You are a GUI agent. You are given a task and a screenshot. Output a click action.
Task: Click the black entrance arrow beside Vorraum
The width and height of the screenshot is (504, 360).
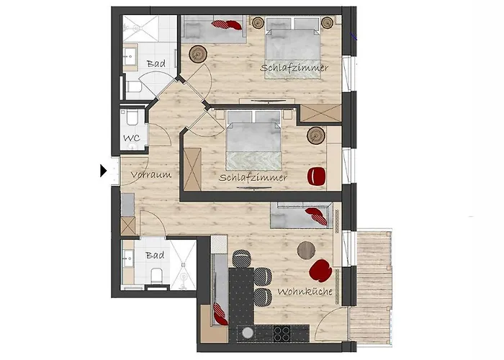103,171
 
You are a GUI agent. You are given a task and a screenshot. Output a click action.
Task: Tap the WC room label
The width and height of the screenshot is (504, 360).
132,138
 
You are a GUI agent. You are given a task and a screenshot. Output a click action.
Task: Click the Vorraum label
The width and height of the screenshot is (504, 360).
151,175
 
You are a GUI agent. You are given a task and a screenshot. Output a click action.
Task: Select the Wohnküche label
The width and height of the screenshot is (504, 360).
305,292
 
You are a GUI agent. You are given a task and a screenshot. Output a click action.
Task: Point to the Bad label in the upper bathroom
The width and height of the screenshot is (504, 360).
156,63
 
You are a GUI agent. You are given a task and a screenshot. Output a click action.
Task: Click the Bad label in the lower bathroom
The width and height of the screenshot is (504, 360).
155,256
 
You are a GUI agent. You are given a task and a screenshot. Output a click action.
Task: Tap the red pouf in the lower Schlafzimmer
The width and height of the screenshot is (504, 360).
317,177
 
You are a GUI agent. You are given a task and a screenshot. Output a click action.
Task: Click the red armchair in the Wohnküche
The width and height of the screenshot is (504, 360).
320,271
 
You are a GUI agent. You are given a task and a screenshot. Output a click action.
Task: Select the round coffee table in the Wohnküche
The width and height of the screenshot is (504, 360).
306,251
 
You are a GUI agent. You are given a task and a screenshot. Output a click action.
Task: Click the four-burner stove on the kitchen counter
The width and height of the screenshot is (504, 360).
282,333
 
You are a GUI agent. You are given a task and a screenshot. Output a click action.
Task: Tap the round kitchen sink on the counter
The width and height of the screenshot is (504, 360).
248,333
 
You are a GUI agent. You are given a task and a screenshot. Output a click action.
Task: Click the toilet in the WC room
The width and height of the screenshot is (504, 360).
132,117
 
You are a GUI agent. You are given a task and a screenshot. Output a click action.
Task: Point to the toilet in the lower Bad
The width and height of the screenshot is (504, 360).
156,276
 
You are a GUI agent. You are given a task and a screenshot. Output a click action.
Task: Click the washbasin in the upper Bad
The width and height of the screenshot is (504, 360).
130,57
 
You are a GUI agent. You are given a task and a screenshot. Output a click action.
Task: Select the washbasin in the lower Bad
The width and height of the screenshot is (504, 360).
128,258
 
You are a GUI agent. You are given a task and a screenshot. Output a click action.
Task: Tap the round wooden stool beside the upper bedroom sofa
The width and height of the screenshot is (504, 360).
198,54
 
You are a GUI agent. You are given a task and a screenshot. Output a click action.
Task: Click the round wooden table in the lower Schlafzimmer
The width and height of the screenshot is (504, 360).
316,135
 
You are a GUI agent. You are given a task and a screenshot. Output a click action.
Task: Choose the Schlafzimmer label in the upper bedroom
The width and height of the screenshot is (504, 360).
294,68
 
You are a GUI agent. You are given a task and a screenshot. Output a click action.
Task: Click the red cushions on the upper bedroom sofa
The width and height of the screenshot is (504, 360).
227,24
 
